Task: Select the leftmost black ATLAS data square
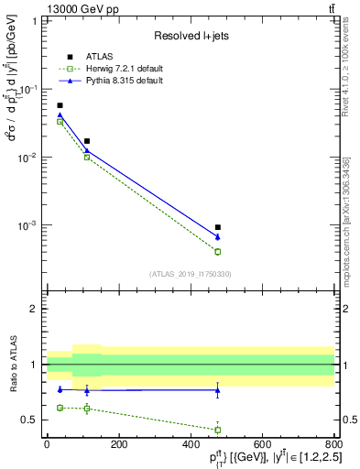click(x=60, y=105)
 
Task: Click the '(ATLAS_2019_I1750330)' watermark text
click(x=191, y=273)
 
